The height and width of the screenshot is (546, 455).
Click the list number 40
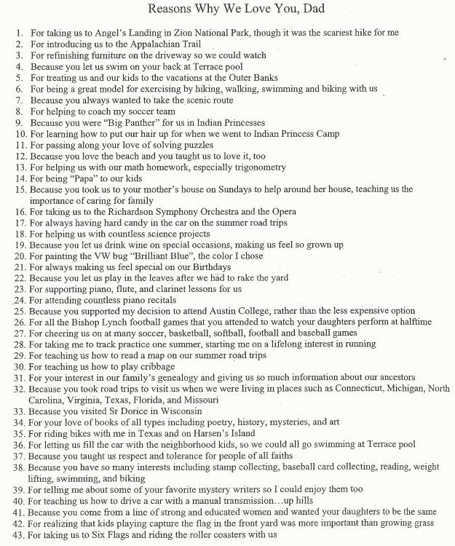click(19, 499)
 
